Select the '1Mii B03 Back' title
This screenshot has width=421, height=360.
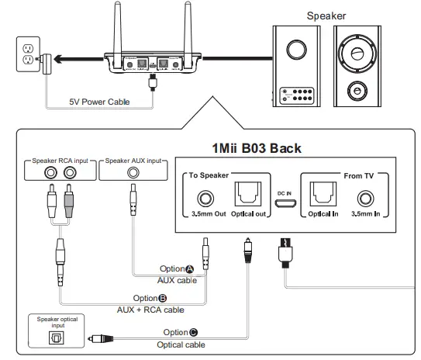pos(257,147)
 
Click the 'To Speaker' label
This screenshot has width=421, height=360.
pos(210,176)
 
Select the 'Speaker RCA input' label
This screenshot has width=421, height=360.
pos(62,161)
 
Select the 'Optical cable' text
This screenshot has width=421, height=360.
pos(181,344)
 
